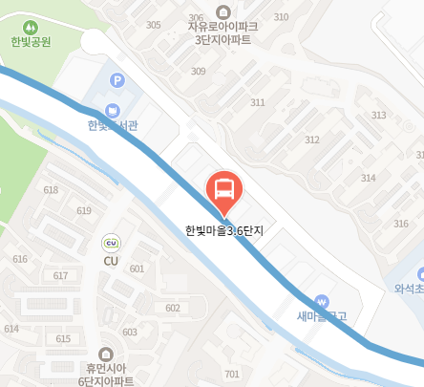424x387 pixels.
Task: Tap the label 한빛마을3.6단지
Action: [x=224, y=230]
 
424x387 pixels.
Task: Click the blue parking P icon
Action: [x=117, y=82]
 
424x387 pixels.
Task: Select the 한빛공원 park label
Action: [x=31, y=42]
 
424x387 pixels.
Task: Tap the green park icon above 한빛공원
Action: [x=31, y=26]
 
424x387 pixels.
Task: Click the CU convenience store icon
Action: [x=111, y=243]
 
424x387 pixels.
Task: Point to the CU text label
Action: [x=111, y=260]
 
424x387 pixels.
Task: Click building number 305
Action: [x=154, y=25]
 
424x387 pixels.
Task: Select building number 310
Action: [x=281, y=17]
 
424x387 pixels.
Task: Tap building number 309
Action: [x=199, y=72]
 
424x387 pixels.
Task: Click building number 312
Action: [x=312, y=140]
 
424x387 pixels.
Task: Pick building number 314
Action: [x=369, y=178]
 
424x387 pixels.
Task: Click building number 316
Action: [x=401, y=223]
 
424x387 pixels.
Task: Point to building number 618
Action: [x=51, y=189]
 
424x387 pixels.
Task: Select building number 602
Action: [x=173, y=308]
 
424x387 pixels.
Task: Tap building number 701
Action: [x=231, y=374]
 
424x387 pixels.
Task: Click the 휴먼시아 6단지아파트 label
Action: [x=105, y=374]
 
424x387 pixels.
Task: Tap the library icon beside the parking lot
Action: [x=114, y=110]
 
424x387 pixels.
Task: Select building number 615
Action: [x=64, y=338]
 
